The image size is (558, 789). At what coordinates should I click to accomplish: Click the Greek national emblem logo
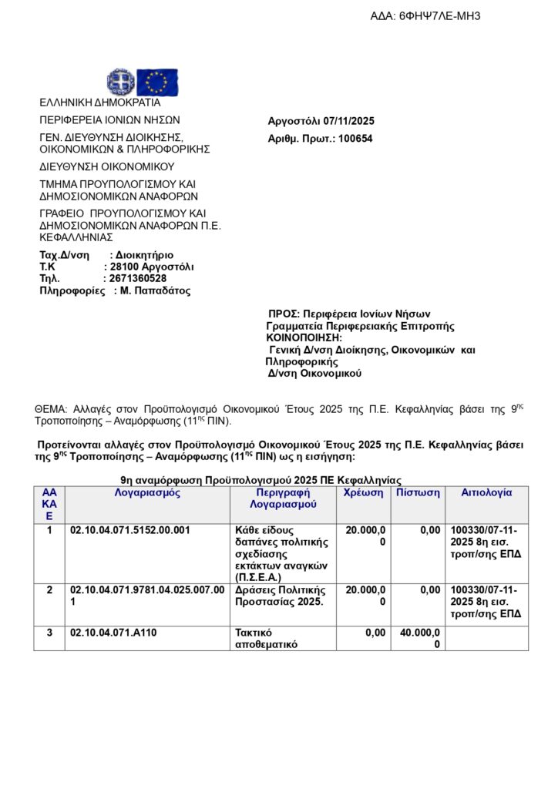pyautogui.click(x=119, y=81)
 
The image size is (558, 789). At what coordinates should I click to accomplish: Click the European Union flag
pyautogui.click(x=157, y=82)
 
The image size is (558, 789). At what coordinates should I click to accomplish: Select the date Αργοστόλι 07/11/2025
pyautogui.click(x=321, y=121)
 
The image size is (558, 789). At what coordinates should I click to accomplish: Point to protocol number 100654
pyautogui.click(x=355, y=139)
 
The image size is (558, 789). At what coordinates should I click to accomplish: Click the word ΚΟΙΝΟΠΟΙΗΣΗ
pyautogui.click(x=304, y=337)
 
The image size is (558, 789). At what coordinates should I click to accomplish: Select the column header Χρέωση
pyautogui.click(x=363, y=493)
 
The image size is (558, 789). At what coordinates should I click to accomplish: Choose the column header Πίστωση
pyautogui.click(x=418, y=493)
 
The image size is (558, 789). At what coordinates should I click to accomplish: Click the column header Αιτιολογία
pyautogui.click(x=486, y=493)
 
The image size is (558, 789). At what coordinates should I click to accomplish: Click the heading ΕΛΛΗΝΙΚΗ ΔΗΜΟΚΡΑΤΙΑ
pyautogui.click(x=100, y=102)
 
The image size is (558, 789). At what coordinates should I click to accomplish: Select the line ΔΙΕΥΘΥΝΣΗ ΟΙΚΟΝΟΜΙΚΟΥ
pyautogui.click(x=107, y=166)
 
